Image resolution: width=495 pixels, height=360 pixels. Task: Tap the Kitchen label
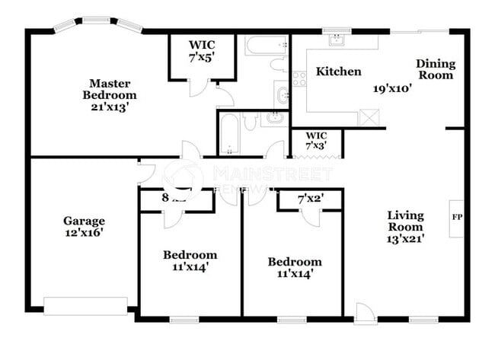pyautogui.click(x=339, y=72)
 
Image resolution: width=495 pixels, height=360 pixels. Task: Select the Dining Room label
pyautogui.click(x=435, y=69)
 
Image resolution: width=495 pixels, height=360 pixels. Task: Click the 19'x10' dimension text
pyautogui.click(x=392, y=88)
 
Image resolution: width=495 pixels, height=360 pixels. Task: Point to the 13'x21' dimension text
pyautogui.click(x=405, y=238)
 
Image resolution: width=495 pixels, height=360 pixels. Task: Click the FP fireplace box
pyautogui.click(x=456, y=217)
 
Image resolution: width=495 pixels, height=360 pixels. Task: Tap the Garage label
pyautogui.click(x=84, y=221)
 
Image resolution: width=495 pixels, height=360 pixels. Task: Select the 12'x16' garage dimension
pyautogui.click(x=84, y=234)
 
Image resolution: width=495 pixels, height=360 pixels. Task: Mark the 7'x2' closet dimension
pyautogui.click(x=311, y=199)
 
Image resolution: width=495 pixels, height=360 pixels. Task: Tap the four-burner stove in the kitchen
pyautogui.click(x=299, y=78)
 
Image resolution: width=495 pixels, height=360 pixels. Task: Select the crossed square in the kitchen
pyautogui.click(x=369, y=116)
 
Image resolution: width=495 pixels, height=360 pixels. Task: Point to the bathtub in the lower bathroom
pyautogui.click(x=228, y=134)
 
